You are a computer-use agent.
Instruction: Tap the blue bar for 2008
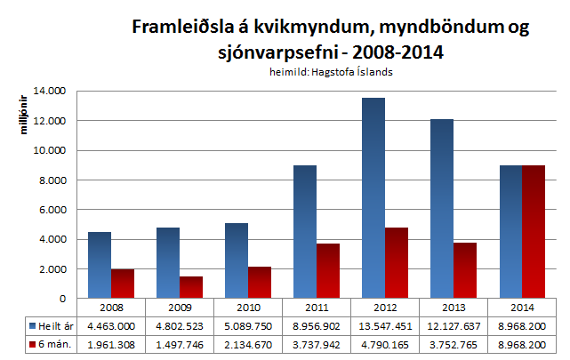tap(99, 264)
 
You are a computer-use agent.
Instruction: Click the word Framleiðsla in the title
tap(178, 28)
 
